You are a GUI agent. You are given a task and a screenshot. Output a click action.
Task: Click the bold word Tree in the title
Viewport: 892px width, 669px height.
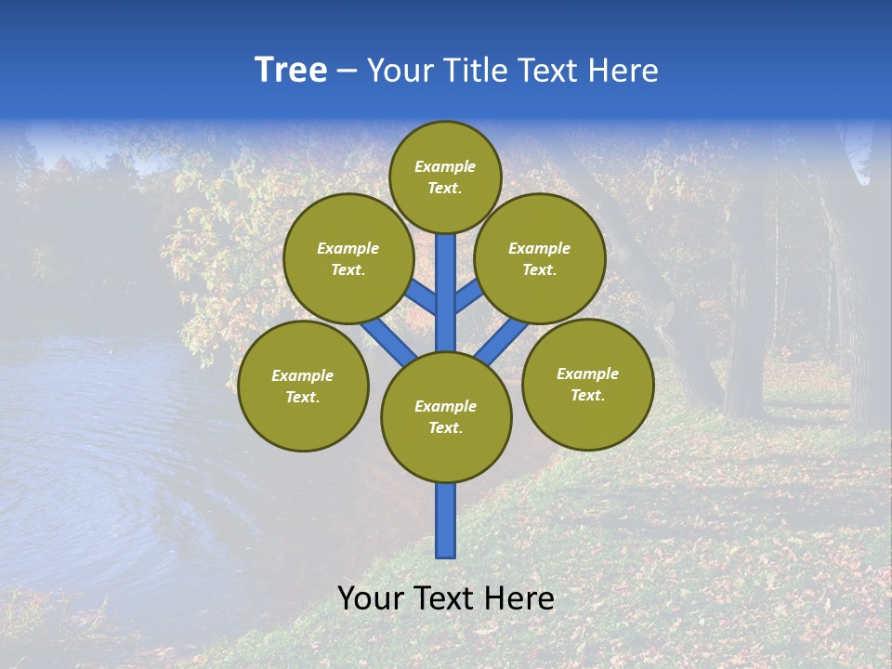pos(291,71)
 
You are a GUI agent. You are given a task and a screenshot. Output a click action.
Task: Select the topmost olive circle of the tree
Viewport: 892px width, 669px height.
pos(445,177)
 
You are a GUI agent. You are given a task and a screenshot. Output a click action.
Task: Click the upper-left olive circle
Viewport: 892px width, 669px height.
pos(348,258)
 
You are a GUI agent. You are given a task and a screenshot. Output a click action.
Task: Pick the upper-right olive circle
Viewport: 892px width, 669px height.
pos(540,258)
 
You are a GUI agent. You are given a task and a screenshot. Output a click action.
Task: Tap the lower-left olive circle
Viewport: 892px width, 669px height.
pos(303,386)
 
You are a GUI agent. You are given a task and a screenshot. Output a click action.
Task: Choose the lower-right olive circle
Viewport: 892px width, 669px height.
pos(587,384)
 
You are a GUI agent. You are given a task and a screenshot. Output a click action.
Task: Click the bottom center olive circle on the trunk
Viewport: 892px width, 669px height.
pos(446,417)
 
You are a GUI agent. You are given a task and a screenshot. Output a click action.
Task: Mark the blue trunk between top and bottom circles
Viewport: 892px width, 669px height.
pos(446,293)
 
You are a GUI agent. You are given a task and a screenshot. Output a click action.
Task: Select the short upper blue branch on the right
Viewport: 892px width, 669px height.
pos(468,295)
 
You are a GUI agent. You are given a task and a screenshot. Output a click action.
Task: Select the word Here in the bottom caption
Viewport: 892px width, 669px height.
pos(520,598)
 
